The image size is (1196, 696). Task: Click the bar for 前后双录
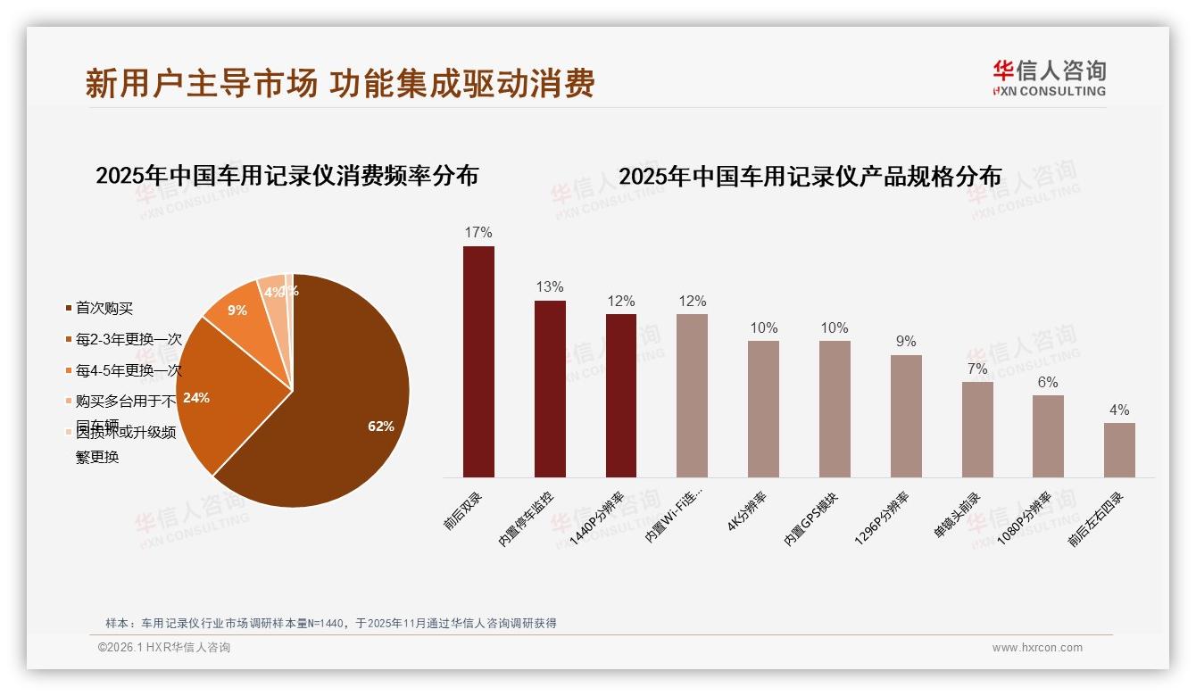coord(478,361)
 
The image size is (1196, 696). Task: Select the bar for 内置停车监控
coord(550,388)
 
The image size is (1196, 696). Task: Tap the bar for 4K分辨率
coord(763,409)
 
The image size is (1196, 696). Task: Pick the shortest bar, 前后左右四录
coord(1119,450)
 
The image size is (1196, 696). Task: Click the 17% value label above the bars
coord(478,233)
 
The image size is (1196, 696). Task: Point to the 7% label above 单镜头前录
coord(977,369)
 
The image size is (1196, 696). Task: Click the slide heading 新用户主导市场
coord(201,84)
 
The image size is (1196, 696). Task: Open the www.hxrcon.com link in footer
coord(1037,648)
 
